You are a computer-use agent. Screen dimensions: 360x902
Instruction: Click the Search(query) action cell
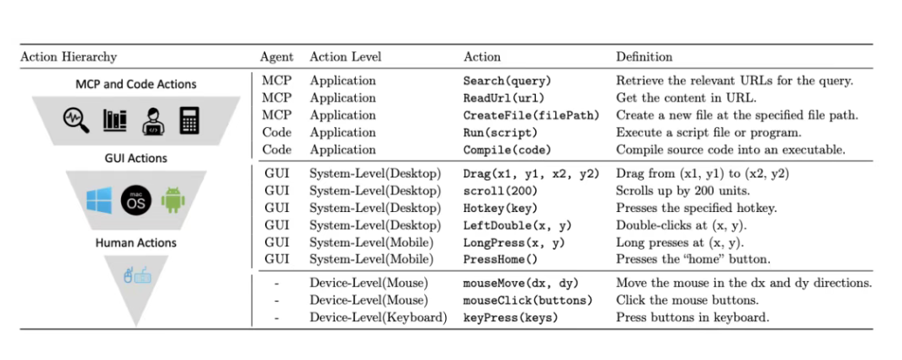[507, 82]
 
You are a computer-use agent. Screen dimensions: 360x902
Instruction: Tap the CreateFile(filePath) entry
[531, 115]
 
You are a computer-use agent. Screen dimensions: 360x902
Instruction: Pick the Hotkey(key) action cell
[501, 208]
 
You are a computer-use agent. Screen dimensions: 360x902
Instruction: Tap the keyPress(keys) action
[510, 317]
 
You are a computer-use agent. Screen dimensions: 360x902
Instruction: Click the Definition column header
[645, 57]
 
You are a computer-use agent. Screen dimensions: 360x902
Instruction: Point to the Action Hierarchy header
[68, 57]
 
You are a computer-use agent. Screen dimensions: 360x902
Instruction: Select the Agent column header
[277, 57]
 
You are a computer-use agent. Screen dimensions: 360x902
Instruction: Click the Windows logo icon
[98, 200]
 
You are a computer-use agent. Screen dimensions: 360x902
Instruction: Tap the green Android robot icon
[172, 200]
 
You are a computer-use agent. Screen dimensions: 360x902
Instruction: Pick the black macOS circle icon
[135, 200]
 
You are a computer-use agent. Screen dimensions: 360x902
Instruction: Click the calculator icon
[188, 121]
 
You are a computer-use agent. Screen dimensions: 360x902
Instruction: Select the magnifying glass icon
[75, 121]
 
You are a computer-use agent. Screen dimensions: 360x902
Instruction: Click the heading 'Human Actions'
[135, 243]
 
